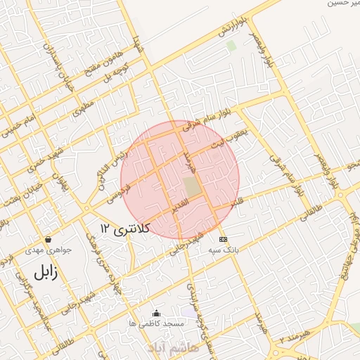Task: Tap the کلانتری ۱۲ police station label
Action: (126, 229)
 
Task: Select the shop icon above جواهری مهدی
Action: (47, 239)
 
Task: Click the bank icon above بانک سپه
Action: (223, 239)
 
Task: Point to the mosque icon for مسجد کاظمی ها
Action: (156, 313)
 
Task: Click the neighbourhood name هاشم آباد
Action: (173, 347)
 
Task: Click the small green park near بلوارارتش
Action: (231, 46)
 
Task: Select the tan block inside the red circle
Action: (191, 186)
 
